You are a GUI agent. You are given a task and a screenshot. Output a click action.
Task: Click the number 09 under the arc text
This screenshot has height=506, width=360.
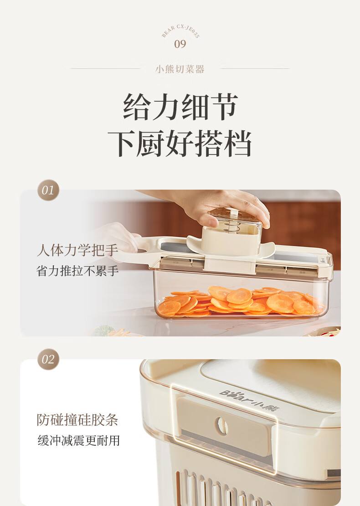(180, 44)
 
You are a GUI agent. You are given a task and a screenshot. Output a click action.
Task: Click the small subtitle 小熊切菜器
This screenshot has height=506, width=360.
(180, 69)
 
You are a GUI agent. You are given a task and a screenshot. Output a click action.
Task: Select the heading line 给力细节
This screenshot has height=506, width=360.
(180, 107)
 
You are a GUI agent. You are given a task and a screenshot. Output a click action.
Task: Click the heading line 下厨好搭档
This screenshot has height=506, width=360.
(180, 143)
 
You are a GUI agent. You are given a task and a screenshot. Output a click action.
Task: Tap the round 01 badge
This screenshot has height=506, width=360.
(48, 190)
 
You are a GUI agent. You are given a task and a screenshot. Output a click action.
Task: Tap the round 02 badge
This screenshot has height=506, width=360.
(48, 359)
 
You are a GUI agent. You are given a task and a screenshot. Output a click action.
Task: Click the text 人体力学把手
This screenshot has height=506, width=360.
(78, 250)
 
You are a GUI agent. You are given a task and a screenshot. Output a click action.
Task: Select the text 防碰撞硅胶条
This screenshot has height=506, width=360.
(77, 420)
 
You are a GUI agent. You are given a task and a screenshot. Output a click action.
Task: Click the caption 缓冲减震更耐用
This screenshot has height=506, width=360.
(78, 440)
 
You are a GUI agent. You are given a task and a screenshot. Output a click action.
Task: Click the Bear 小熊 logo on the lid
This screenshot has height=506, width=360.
(249, 401)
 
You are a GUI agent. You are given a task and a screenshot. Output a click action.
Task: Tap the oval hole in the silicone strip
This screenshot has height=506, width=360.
(222, 426)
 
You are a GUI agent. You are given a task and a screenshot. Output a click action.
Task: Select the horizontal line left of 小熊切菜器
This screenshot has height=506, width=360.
(105, 68)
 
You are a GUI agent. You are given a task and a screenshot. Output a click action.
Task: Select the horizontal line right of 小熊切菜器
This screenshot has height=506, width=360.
(255, 68)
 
